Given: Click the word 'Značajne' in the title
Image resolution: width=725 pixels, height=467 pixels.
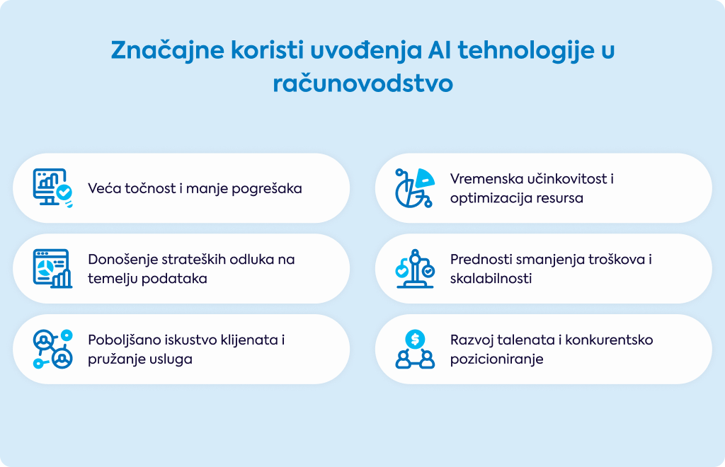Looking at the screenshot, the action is (x=167, y=50).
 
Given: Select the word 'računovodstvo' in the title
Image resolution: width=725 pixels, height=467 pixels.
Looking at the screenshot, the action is (x=362, y=83).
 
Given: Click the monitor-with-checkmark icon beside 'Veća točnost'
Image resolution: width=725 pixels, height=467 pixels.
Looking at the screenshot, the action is (x=52, y=188).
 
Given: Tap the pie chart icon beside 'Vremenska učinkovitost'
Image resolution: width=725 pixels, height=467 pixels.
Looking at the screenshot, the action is (x=415, y=188).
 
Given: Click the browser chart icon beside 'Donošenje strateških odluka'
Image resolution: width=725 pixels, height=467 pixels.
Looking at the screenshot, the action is (x=52, y=268).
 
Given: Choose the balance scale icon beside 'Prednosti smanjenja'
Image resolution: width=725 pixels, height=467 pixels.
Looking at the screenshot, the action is (x=415, y=268).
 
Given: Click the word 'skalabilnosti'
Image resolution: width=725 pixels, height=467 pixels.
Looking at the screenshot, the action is (x=491, y=279).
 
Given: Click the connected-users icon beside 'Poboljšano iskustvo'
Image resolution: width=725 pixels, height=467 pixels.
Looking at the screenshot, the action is (x=52, y=349).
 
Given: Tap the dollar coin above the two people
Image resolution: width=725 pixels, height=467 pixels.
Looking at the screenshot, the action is (x=415, y=340).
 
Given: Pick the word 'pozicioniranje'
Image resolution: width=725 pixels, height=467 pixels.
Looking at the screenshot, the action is (x=496, y=359).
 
